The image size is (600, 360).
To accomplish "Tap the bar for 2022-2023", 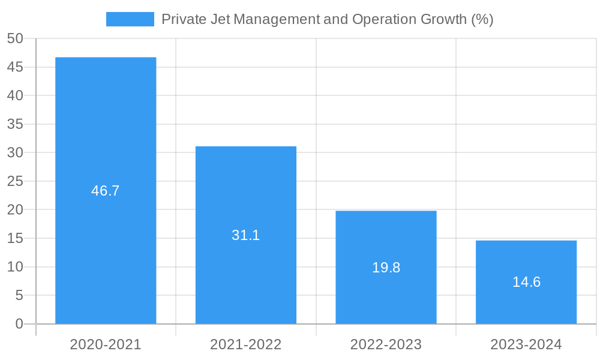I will [386, 240].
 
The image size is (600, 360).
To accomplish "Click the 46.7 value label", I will [106, 191].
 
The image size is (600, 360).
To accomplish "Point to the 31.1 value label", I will [246, 235].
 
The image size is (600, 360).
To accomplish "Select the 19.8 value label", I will [386, 268].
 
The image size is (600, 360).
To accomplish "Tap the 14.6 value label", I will [526, 282].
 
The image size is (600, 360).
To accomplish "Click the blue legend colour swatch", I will [130, 19].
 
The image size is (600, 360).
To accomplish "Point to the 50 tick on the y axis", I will [15, 38].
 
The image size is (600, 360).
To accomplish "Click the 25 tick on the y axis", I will [15, 181].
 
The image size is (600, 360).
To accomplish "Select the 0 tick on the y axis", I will [19, 324].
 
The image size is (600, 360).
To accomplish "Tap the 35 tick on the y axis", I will [15, 124].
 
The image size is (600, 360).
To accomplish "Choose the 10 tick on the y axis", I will [15, 267].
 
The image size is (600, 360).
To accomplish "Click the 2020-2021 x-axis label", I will [106, 344].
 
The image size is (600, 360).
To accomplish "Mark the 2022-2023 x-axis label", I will [386, 344].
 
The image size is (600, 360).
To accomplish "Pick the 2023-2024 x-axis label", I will [526, 344].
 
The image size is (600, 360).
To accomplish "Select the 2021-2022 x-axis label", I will [246, 344].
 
